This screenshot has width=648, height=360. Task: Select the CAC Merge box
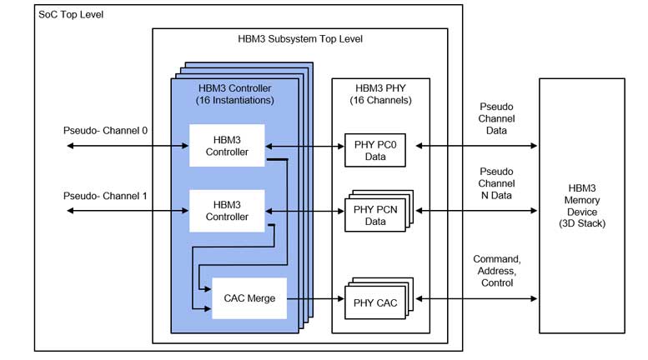click(x=249, y=298)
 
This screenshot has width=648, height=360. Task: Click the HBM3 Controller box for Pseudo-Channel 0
click(x=227, y=146)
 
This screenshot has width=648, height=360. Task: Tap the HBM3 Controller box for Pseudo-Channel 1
click(x=227, y=211)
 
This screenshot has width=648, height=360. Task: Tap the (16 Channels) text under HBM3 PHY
click(x=381, y=101)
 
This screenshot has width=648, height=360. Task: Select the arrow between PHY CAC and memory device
click(x=477, y=298)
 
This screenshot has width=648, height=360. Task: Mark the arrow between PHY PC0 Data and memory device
click(x=477, y=146)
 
